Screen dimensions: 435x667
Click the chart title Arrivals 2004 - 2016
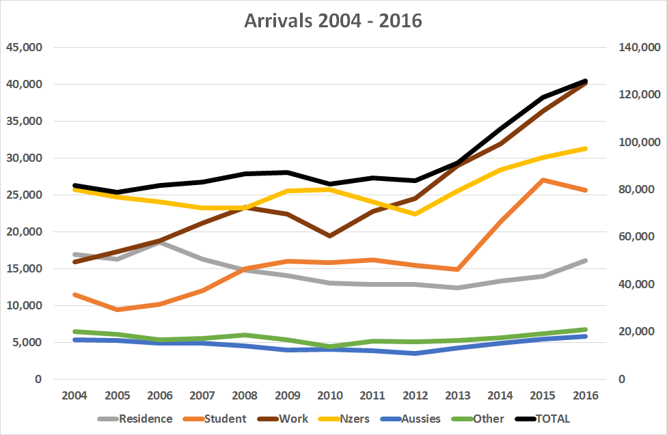coord(333,20)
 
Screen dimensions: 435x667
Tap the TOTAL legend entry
coord(554,419)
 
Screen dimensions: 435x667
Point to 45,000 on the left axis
coord(24,47)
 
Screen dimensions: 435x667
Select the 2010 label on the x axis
coord(331,396)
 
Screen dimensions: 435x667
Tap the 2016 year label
coord(586,396)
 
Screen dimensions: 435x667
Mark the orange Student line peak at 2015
coord(543,180)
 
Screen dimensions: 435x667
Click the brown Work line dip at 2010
coord(331,236)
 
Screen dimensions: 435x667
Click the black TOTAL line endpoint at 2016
coord(586,81)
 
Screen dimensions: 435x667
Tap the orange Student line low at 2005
coord(118,309)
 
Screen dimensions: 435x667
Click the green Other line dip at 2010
coord(331,347)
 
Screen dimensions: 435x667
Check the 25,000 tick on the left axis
coord(24,195)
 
